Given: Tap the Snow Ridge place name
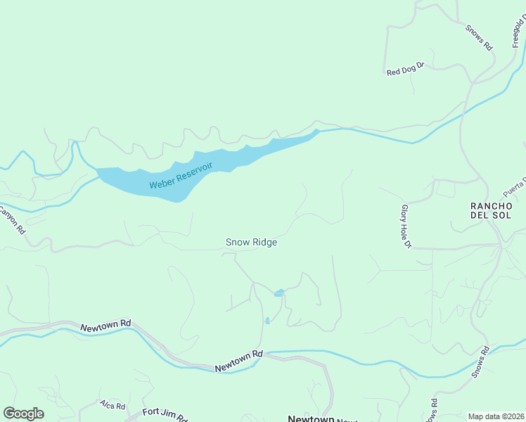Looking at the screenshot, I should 251,242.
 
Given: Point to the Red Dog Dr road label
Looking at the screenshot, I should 406,68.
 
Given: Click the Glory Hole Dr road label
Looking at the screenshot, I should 404,226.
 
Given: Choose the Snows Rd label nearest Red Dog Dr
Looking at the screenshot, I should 478,37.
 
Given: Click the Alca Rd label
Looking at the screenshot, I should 112,406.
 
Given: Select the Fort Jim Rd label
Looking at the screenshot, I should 165,414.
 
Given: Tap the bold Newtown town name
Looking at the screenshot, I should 311,418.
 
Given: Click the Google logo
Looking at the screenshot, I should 23,414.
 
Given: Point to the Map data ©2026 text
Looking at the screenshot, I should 496,416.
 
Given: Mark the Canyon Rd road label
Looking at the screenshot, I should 12,219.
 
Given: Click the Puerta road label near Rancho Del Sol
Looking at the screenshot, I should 514,187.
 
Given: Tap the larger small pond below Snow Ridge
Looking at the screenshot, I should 279,293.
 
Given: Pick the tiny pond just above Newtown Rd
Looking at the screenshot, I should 267,321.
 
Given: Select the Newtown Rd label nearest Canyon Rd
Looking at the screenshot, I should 105,326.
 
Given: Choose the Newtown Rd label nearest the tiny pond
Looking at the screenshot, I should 238,362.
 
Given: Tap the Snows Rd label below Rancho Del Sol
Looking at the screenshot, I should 480,362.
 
